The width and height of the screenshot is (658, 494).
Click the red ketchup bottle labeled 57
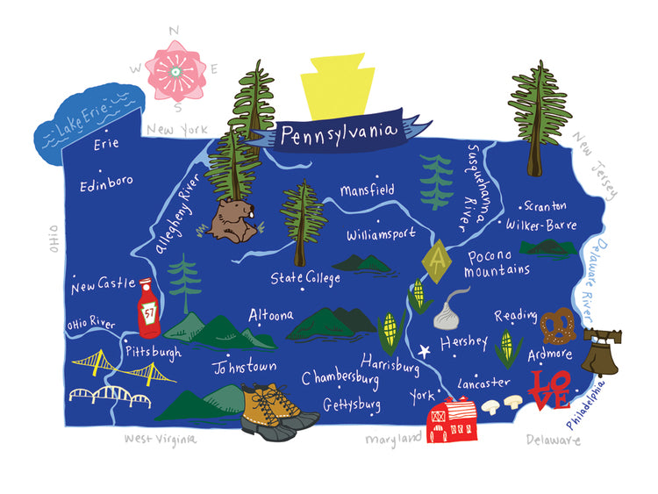point(149,308)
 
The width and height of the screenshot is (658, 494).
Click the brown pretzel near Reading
point(555,327)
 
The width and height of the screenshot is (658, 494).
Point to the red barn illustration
point(451,419)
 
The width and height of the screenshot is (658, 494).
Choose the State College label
point(304,278)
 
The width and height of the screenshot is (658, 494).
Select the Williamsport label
point(383,235)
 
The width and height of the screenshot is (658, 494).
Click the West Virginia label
point(160,438)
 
